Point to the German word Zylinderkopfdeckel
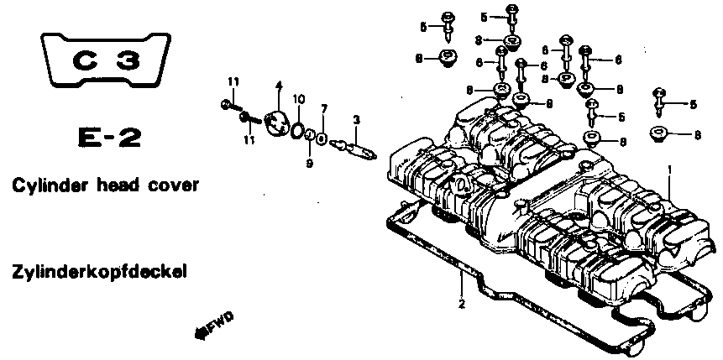coord(100,273)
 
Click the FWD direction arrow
coord(213,326)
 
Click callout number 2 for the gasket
coord(462,305)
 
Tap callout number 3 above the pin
coord(356,120)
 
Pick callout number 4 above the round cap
coord(279,86)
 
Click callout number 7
coord(324,109)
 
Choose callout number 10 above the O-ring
coord(299,99)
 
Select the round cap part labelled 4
coord(276,123)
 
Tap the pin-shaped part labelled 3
coord(354,149)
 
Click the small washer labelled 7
coord(322,138)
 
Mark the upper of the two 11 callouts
coord(233,82)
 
